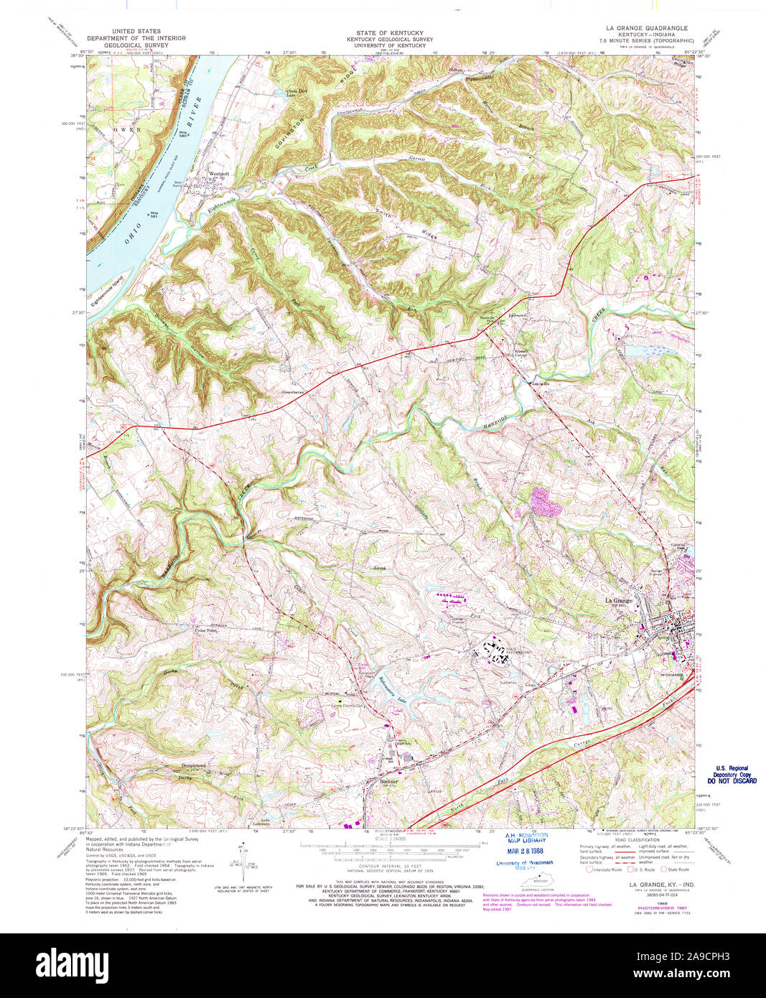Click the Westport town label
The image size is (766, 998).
218,173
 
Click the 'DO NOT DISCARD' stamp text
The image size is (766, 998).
732,780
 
